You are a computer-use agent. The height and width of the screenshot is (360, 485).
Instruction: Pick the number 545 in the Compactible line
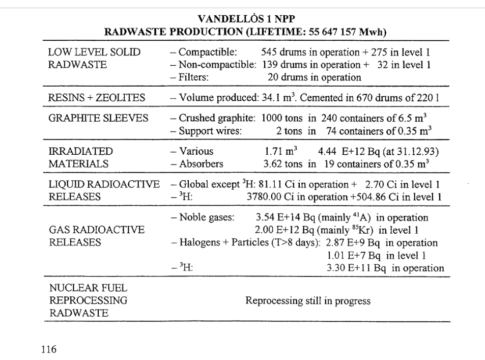click(269, 52)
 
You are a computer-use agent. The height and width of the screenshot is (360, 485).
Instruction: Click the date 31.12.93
click(413, 151)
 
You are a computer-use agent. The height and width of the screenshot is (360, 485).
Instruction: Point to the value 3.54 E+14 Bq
click(284, 218)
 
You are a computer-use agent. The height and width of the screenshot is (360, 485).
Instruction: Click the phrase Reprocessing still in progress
click(308, 301)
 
